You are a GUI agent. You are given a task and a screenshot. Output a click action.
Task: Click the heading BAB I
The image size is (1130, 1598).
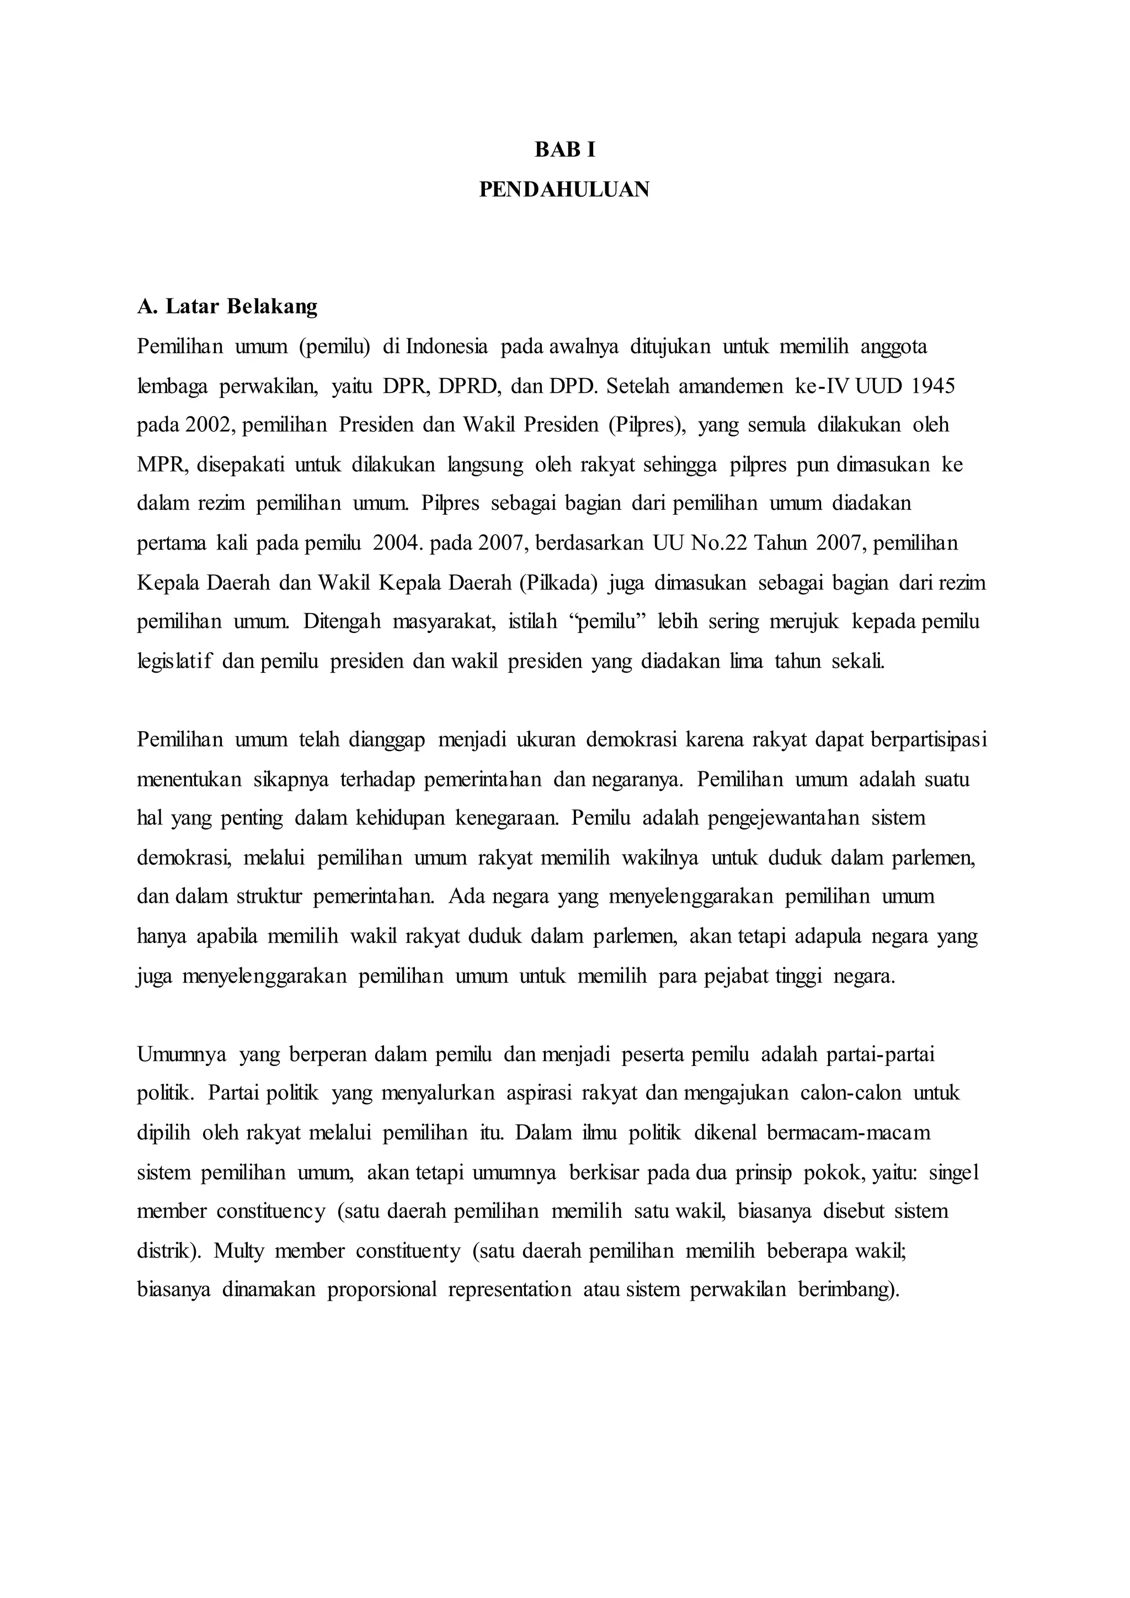(x=564, y=149)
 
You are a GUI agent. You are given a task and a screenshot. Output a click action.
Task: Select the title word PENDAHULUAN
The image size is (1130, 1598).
(x=564, y=189)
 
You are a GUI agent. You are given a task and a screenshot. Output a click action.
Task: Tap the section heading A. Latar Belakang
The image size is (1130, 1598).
(x=227, y=306)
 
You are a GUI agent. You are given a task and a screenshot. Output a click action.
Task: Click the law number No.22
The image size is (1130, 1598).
(x=717, y=542)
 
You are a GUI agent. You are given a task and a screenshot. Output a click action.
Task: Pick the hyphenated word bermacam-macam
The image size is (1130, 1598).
(x=848, y=1132)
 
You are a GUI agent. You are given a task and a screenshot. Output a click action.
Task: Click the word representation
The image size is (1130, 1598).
(x=509, y=1290)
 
